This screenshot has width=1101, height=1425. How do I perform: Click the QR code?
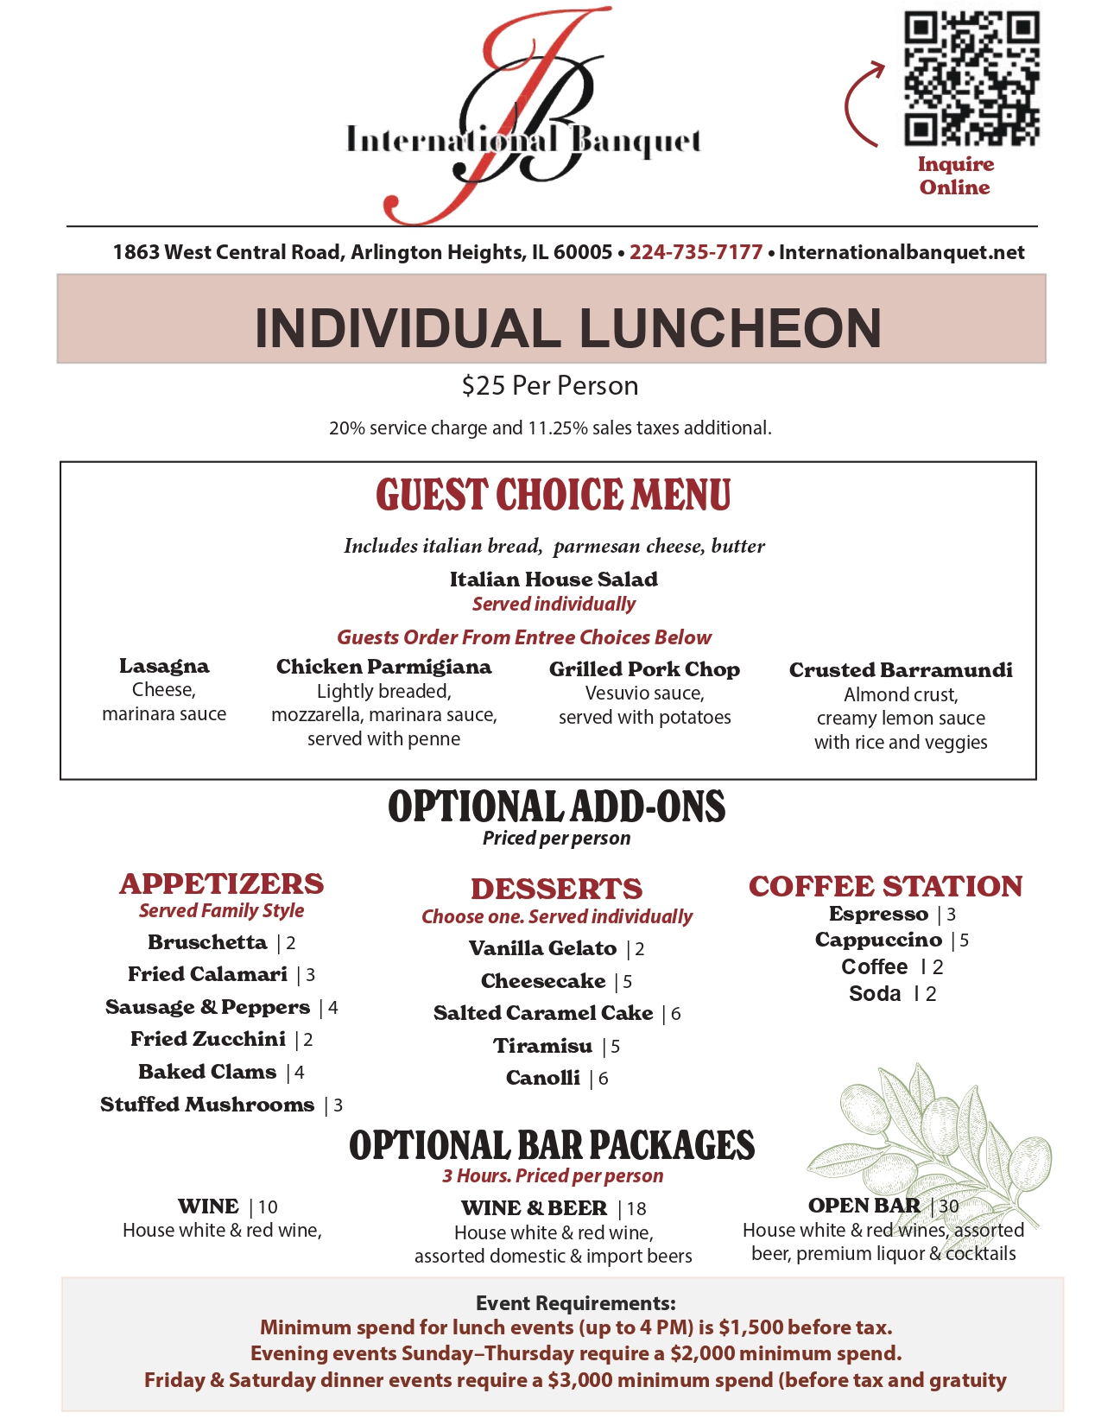click(x=971, y=78)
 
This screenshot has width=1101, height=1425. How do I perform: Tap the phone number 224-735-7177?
click(x=695, y=252)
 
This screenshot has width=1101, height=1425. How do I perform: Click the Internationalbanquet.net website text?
click(x=902, y=252)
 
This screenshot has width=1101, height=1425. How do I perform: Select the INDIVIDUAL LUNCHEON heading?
click(x=567, y=328)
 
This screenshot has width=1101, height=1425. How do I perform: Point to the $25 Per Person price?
click(x=550, y=385)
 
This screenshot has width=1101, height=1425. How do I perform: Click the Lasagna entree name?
click(x=164, y=666)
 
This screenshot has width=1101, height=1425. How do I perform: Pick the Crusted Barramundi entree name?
click(x=901, y=670)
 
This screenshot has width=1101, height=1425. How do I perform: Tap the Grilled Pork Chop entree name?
click(x=644, y=669)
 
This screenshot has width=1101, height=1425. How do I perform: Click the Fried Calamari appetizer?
click(x=207, y=974)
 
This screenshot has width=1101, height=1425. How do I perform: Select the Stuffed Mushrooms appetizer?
click(x=207, y=1105)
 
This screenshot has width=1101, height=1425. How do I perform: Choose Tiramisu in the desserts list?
click(x=542, y=1046)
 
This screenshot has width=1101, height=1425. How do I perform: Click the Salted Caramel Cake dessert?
click(x=543, y=1013)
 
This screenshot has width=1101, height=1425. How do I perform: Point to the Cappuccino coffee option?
click(x=878, y=940)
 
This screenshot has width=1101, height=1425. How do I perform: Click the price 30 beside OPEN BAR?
click(x=949, y=1206)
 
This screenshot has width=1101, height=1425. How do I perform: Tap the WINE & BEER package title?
click(x=534, y=1207)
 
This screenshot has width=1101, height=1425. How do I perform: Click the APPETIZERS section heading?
click(x=222, y=883)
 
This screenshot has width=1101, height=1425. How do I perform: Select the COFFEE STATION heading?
click(x=885, y=886)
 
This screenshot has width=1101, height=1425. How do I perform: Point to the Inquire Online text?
click(x=955, y=175)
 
